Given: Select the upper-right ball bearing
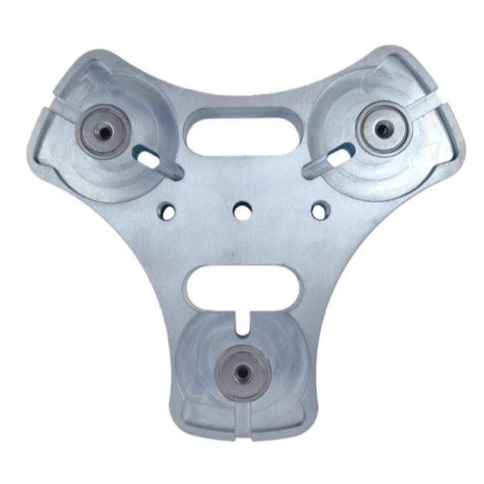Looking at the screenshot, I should (x=381, y=126).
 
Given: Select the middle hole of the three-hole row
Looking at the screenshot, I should (x=242, y=208).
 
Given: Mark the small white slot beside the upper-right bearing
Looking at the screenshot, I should (x=336, y=156).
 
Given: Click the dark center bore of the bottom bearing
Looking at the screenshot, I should (x=242, y=373).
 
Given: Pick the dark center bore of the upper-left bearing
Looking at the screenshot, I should (x=103, y=128).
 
